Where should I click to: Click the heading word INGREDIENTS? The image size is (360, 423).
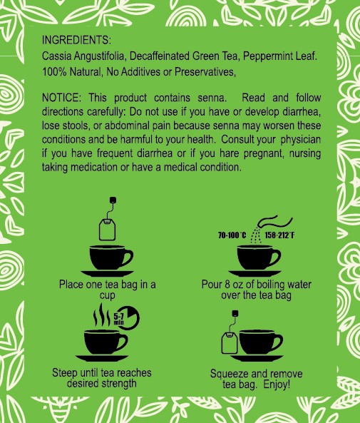[76, 40]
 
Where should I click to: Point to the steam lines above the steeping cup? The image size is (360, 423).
[104, 315]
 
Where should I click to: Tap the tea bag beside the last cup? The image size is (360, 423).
[230, 342]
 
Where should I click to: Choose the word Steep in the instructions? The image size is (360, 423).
[66, 373]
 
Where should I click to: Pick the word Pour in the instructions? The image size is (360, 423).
[213, 285]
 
